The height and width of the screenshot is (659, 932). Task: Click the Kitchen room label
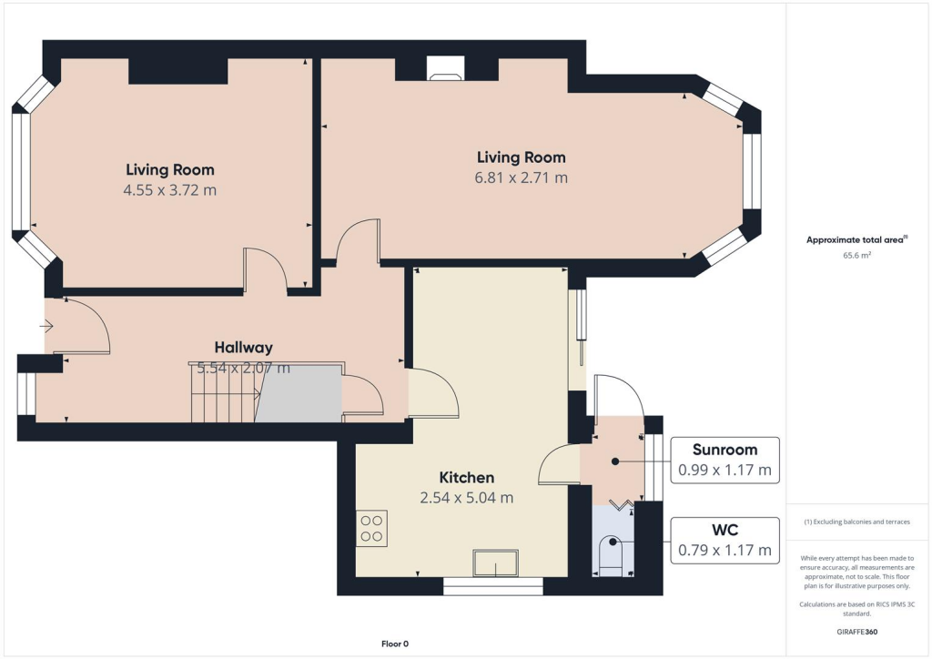pyautogui.click(x=467, y=478)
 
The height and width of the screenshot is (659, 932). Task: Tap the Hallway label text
pyautogui.click(x=243, y=348)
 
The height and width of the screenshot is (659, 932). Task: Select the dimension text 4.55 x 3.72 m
pyautogui.click(x=170, y=190)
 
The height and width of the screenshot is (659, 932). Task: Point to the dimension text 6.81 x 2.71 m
pyautogui.click(x=521, y=178)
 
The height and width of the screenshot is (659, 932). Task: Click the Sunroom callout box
pyautogui.click(x=724, y=461)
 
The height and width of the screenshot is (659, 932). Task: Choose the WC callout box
pyautogui.click(x=724, y=541)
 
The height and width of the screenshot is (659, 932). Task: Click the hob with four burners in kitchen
pyautogui.click(x=372, y=529)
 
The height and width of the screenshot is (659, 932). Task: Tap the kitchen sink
pyautogui.click(x=495, y=563)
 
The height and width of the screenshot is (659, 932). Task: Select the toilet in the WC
pyautogui.click(x=611, y=555)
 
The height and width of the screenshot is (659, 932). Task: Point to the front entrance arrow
pyautogui.click(x=46, y=325)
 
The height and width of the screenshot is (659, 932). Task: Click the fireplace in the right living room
pyautogui.click(x=446, y=70)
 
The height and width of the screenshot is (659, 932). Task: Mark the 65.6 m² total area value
pyautogui.click(x=857, y=256)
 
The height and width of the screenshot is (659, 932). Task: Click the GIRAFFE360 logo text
pyautogui.click(x=858, y=631)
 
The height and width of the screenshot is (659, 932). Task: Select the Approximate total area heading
pyautogui.click(x=856, y=239)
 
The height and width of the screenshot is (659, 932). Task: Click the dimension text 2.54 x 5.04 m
pyautogui.click(x=467, y=498)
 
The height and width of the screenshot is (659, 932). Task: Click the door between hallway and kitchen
pyautogui.click(x=432, y=393)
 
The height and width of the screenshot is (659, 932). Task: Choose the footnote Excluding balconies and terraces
pyautogui.click(x=858, y=522)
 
